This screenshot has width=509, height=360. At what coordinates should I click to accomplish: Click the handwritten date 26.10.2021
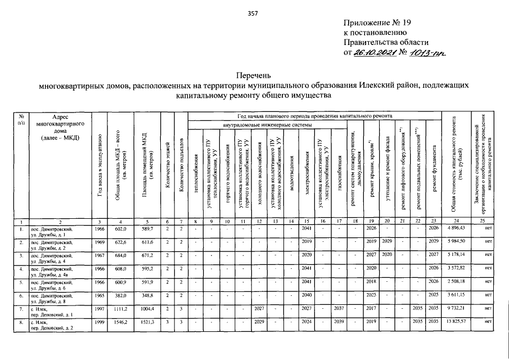pos(373,52)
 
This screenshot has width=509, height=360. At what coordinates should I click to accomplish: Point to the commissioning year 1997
pos(100,308)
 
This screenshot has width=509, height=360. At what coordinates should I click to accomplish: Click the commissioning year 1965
pos(100,295)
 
